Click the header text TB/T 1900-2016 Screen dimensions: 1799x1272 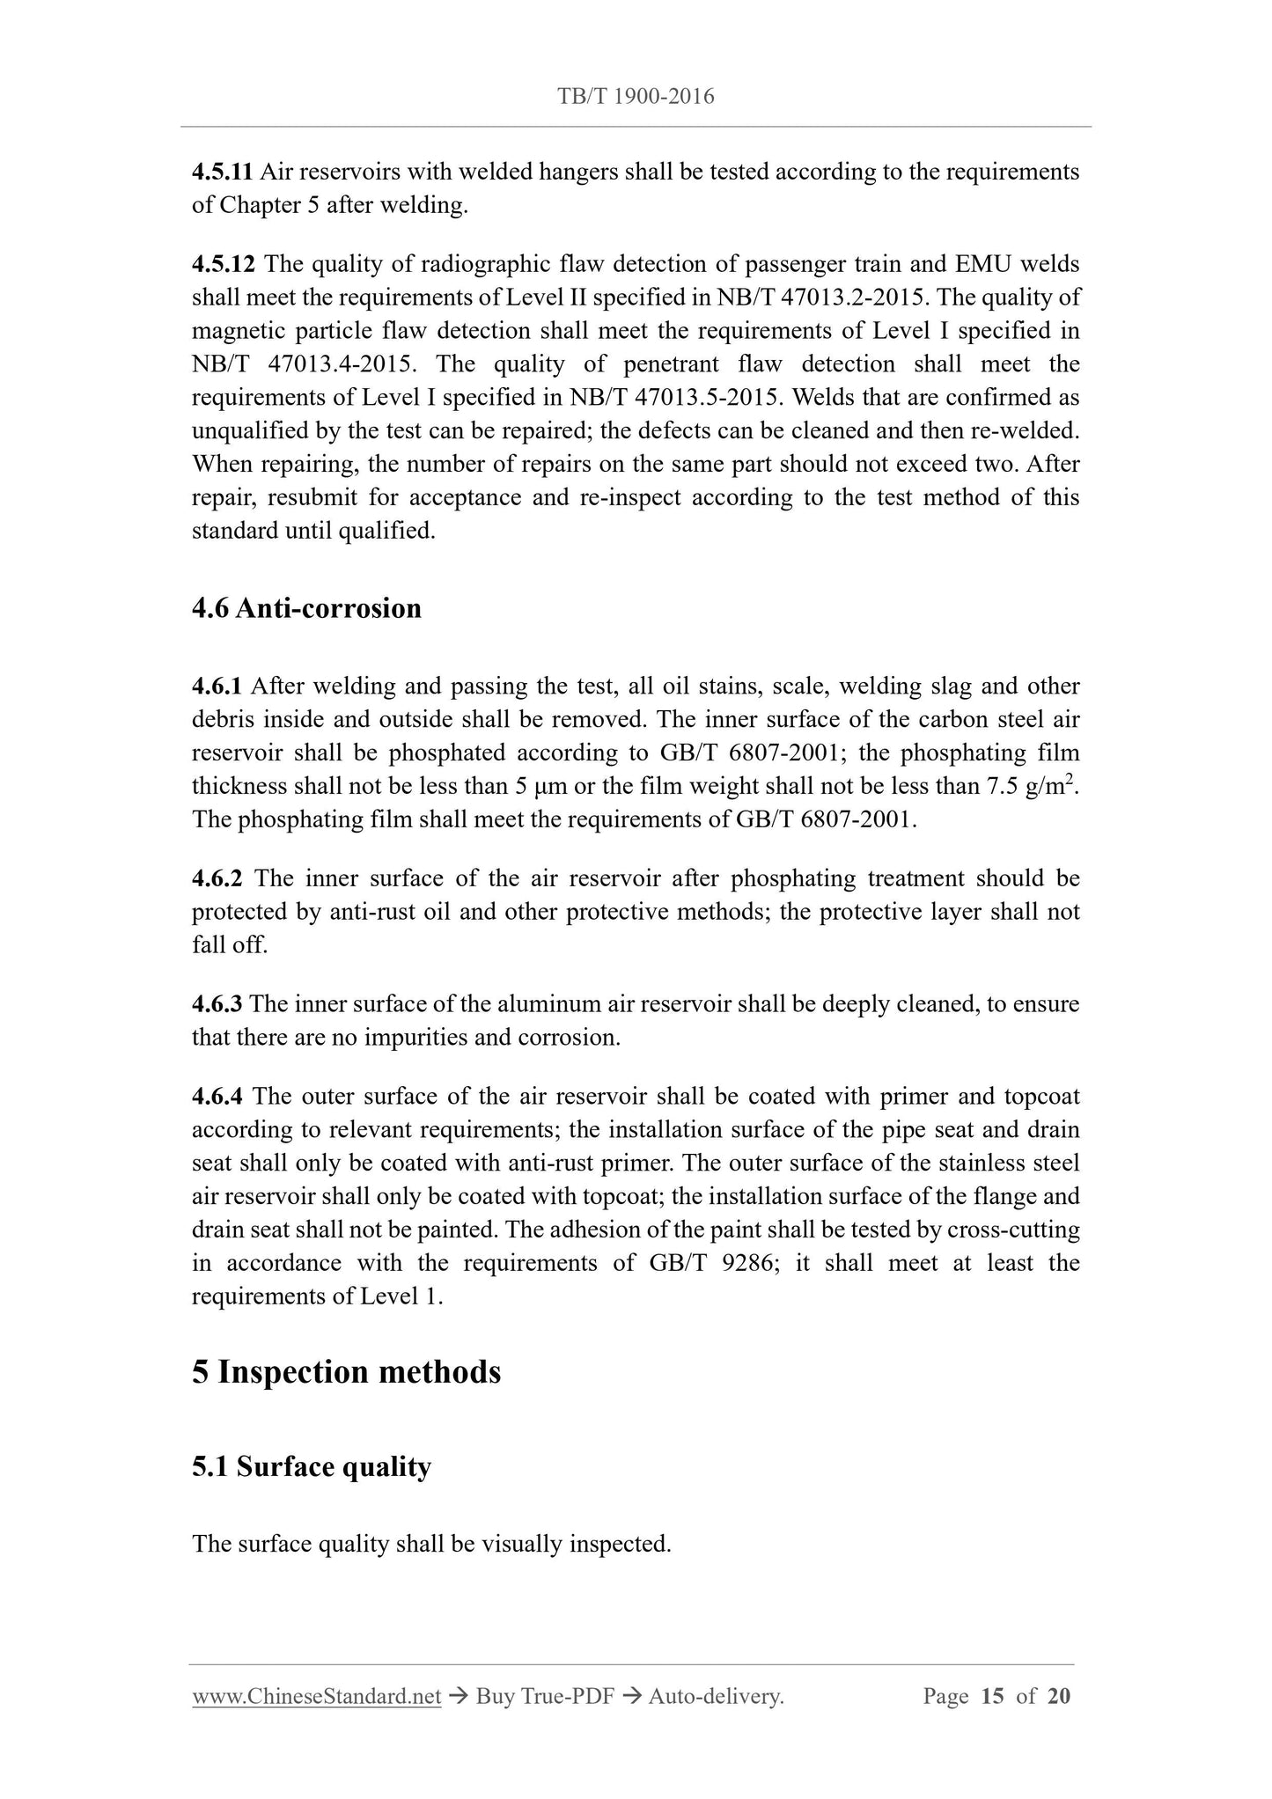636,97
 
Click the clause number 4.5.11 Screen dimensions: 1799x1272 223,172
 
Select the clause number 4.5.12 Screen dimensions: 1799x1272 223,264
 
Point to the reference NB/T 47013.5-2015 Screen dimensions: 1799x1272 675,398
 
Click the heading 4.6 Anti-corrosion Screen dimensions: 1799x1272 306,608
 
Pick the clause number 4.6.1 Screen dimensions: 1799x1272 217,687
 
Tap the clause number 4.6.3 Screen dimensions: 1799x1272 217,1004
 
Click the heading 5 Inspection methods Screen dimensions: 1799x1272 346,1372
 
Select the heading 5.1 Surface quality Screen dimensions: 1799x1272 312,1467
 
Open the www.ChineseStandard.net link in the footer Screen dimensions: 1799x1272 316,1696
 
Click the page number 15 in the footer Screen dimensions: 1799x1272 992,1696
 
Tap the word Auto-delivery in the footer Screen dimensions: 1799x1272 715,1696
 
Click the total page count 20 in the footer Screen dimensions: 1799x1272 1059,1696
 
